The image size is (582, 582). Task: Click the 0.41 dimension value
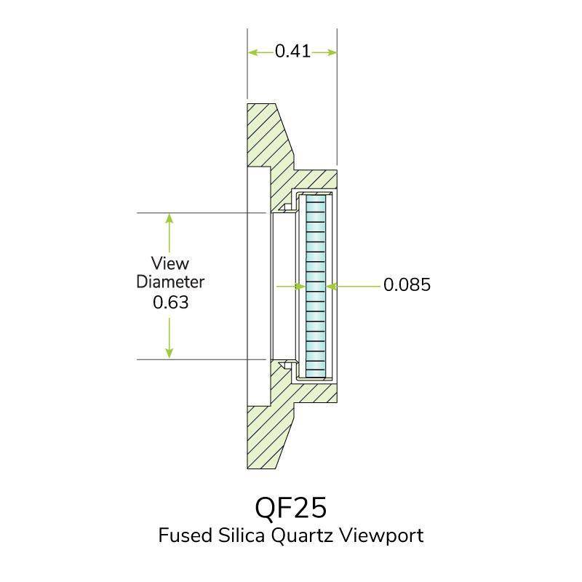tap(292, 51)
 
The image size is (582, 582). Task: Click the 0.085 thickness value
tap(407, 284)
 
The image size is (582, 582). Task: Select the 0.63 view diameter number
tap(171, 302)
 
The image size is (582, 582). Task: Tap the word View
tap(170, 263)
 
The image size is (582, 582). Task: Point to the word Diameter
tap(170, 282)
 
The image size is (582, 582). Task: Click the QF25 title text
tap(290, 508)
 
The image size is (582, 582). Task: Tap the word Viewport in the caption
tap(381, 536)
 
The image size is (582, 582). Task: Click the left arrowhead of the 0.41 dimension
tap(253, 52)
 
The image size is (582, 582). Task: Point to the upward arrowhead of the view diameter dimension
tap(170, 219)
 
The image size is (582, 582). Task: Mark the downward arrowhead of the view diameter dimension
tap(170, 353)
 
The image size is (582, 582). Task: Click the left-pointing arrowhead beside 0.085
tap(332, 286)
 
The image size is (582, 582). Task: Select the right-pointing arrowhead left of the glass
tap(300, 286)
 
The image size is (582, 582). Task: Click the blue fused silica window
tap(316, 286)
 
